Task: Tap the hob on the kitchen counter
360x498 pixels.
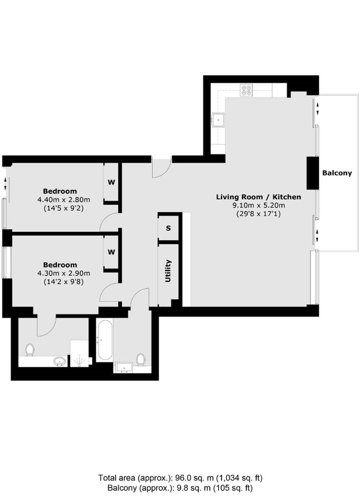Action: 246,89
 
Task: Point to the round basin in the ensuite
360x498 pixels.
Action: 59,361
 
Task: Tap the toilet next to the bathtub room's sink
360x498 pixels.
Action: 141,359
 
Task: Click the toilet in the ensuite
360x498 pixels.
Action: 30,349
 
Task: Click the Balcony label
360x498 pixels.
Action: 337,173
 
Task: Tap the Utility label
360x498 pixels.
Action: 167,271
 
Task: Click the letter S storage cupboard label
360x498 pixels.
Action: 168,228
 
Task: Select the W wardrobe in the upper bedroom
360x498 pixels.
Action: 111,182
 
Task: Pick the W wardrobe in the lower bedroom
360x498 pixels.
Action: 111,252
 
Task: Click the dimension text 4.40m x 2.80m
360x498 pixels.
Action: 63,200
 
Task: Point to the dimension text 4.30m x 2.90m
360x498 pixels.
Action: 63,273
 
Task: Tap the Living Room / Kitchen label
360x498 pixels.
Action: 258,196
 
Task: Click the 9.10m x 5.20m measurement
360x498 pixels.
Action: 258,205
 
